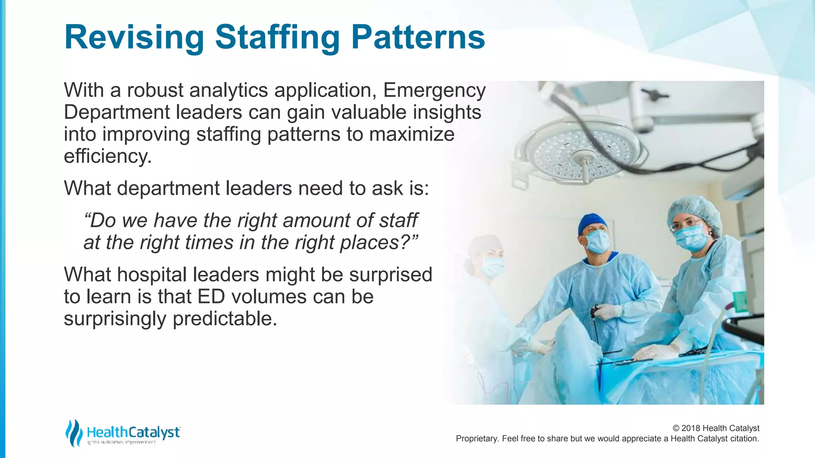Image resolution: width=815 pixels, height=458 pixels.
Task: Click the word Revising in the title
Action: (x=134, y=37)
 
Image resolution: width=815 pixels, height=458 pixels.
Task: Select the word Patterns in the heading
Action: (x=418, y=37)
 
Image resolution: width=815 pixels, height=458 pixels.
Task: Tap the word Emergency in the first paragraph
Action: (x=434, y=90)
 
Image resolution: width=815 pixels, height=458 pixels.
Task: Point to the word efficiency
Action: (x=107, y=156)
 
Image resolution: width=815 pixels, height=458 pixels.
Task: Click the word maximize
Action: (x=412, y=134)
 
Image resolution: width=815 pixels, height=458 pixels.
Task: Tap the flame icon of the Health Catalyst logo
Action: (x=74, y=433)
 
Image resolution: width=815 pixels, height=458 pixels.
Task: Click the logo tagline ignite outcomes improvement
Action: (x=121, y=442)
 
